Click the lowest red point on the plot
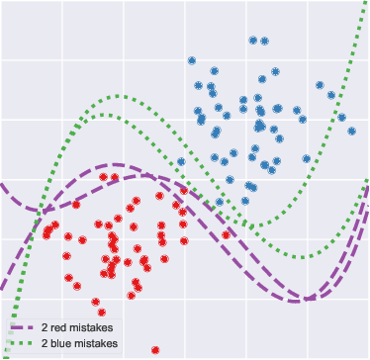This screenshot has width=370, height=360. pyautogui.click(x=156, y=349)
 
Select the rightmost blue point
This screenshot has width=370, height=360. pyautogui.click(x=351, y=130)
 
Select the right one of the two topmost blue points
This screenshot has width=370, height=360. pyautogui.click(x=265, y=42)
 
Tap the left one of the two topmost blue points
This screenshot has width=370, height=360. pyautogui.click(x=253, y=41)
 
